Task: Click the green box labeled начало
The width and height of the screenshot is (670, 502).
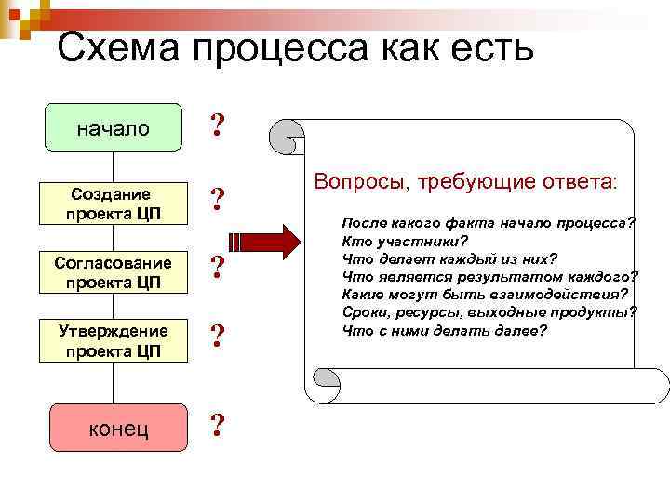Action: [x=114, y=127]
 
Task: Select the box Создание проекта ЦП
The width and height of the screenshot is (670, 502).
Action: [x=114, y=203]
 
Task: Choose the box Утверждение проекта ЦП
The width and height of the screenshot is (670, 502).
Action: [x=114, y=340]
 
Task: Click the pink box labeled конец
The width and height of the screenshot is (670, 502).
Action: [x=114, y=429]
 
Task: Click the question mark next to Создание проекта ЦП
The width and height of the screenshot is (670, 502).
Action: [x=217, y=200]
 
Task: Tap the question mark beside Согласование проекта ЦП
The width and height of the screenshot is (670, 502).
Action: [x=217, y=269]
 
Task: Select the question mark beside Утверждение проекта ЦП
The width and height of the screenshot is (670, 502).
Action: [x=217, y=337]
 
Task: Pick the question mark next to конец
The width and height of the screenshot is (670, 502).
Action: [x=217, y=426]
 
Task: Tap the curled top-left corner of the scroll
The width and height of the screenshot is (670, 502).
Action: [x=287, y=139]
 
